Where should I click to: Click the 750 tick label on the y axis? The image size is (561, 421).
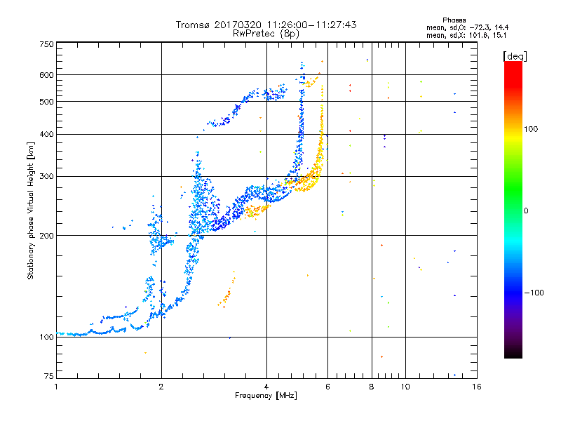point(47,44)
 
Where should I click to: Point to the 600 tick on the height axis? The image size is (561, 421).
point(47,74)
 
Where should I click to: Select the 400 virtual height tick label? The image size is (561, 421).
point(47,134)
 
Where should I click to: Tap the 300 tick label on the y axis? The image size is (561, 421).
point(47,176)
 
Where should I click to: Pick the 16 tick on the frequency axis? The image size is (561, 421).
point(476,387)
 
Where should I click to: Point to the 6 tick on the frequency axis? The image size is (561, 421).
point(327,387)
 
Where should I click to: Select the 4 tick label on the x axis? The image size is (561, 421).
point(266,387)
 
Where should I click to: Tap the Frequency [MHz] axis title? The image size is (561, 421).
point(266,396)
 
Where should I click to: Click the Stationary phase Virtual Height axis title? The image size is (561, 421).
point(31,210)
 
